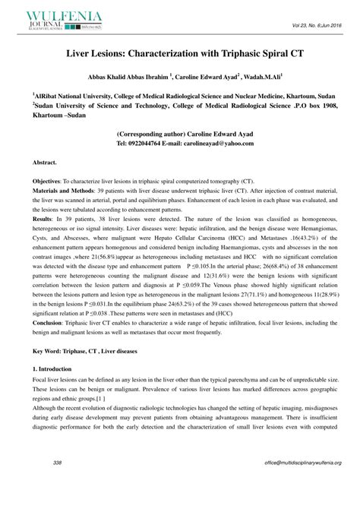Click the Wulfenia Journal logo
click(x=57, y=20)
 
